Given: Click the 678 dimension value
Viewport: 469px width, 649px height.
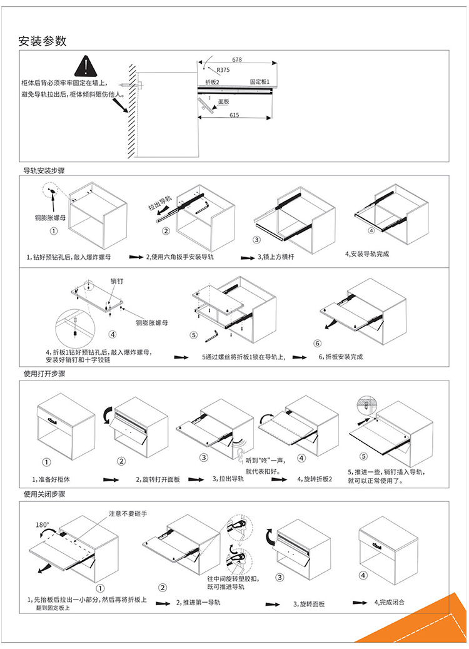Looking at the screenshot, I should pos(237,59).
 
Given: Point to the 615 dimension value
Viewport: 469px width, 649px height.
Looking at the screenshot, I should pos(234,115).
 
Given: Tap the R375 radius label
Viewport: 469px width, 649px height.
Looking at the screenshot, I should pos(223,71).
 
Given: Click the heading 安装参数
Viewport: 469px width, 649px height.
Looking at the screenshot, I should pos(43,42).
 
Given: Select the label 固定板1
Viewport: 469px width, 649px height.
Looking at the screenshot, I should pos(259,82).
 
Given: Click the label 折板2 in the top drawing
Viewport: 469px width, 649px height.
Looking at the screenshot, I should pos(213,82).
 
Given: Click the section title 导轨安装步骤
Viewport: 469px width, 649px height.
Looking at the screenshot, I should pos(44,170).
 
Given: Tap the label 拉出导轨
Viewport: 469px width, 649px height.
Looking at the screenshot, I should pos(159,204).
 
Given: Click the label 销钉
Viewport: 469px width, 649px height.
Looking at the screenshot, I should pos(117,281).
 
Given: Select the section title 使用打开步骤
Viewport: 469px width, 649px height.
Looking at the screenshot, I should pos(44,374).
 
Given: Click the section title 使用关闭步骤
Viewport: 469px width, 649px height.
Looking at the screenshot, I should pos(44,494).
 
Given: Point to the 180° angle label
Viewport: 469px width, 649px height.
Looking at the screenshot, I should pos(42,524).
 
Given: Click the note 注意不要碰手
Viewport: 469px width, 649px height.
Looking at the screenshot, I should pos(128,513).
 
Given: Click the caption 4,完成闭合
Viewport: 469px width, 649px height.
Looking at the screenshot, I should pos(389,602).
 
